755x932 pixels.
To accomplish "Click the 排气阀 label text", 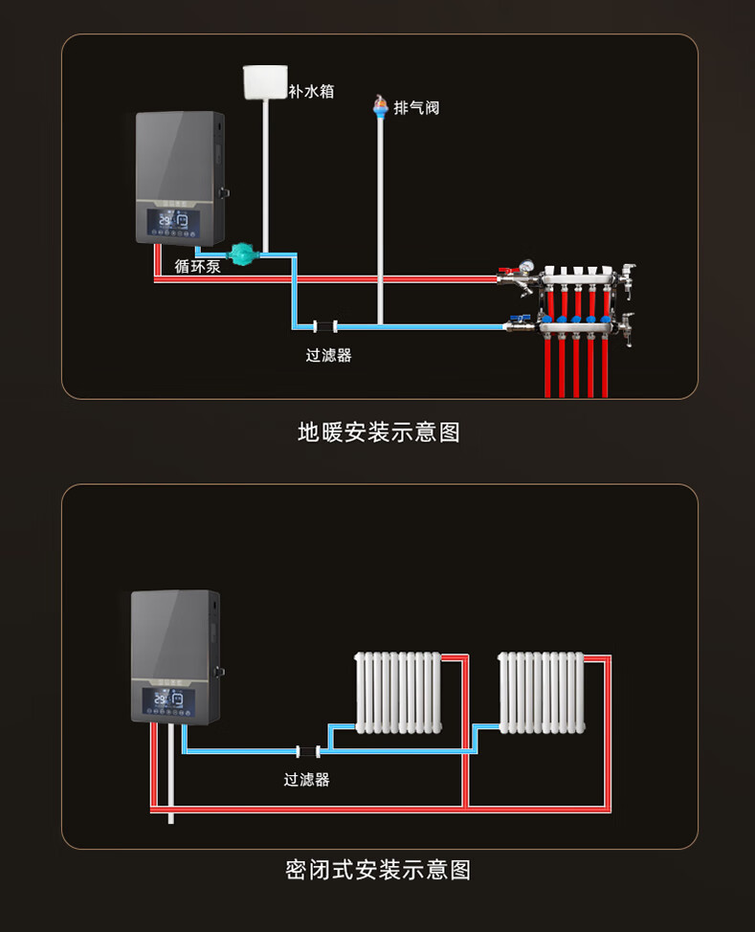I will (416, 107).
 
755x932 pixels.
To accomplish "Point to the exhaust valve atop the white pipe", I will (380, 106).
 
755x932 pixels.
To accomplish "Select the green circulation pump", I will (249, 254).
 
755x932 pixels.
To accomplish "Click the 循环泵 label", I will (198, 266).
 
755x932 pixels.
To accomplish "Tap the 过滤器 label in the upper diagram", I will (328, 355).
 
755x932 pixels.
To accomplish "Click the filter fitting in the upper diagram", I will (325, 326).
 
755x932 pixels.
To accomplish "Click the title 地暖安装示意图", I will (379, 433).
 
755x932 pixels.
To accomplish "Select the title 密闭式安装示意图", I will (378, 870).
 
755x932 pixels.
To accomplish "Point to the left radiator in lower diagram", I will (398, 692).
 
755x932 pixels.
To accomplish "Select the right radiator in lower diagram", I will (541, 692).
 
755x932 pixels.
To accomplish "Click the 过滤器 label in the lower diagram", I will (306, 780).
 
